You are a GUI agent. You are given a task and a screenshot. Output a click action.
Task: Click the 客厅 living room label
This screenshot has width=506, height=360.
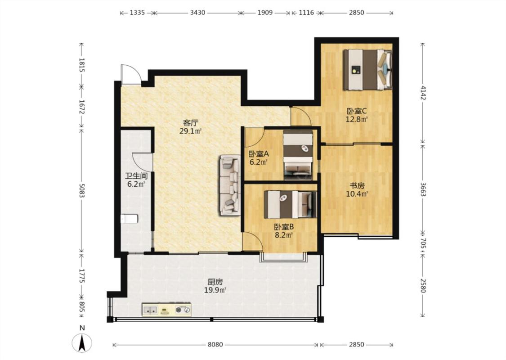pos(190,123)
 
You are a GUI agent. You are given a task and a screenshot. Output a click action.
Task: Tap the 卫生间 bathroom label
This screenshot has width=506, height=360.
pos(136,176)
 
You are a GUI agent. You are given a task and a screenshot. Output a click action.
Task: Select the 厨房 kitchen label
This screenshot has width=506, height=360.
pos(215,282)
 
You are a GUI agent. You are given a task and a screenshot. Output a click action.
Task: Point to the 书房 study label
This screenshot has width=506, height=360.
pos(357,186)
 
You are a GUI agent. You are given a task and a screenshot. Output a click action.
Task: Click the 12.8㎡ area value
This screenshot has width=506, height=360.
pos(357,119)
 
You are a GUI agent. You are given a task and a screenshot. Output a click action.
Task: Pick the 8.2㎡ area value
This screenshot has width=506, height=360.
pos(284,235)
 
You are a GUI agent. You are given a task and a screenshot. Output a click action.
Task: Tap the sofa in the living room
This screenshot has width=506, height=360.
pos(230,185)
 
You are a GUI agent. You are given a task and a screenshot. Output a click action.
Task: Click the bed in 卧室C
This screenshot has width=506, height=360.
pos(367,69)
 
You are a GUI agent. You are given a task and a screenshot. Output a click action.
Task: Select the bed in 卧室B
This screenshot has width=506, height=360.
pos(291,204)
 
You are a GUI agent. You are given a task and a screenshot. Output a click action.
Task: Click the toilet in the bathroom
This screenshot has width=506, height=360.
pos(129,219)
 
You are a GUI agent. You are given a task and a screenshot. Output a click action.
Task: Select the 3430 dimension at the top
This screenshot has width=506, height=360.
pos(197,13)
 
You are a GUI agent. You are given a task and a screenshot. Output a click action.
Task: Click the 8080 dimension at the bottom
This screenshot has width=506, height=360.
pos(215,345)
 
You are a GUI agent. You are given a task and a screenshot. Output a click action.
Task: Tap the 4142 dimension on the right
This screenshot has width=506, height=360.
pos(423,92)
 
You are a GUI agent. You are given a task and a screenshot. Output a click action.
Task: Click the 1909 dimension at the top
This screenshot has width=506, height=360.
pos(265,13)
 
